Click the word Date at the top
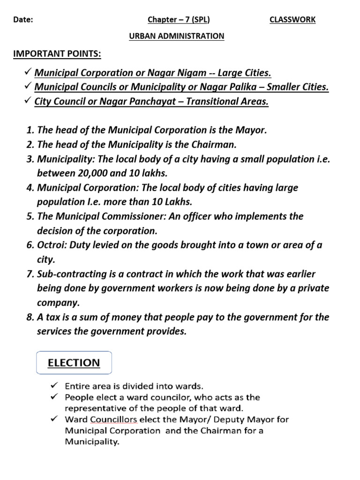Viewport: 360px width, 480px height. (22, 20)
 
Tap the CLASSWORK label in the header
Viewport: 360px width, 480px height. (292, 20)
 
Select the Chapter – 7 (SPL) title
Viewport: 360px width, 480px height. (179, 20)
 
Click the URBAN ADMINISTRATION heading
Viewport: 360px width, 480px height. (177, 36)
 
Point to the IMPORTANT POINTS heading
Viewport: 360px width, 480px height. (57, 54)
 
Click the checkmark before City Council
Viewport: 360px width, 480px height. (28, 101)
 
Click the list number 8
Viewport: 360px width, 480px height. (29, 317)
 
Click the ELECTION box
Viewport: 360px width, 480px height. (74, 363)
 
